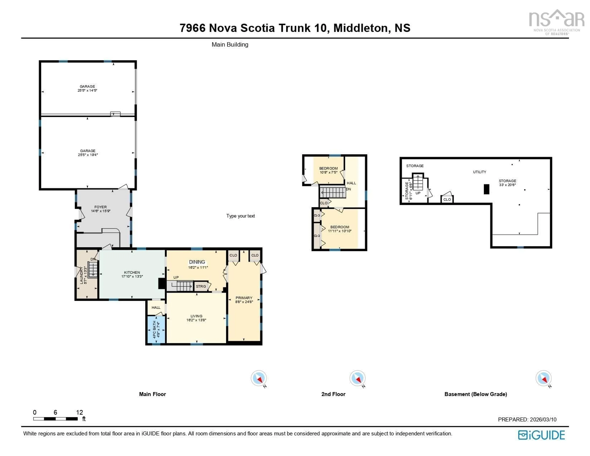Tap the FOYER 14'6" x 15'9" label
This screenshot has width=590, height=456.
point(100,209)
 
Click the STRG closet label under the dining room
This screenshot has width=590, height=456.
point(201,286)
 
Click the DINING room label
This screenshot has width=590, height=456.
point(197,262)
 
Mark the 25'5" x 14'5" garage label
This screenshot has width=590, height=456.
point(87,90)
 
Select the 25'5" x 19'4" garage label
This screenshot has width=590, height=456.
point(88,155)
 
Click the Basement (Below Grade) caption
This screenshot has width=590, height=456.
point(476,394)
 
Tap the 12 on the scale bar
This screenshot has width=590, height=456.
point(79,412)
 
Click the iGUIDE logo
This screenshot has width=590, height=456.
point(541,435)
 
